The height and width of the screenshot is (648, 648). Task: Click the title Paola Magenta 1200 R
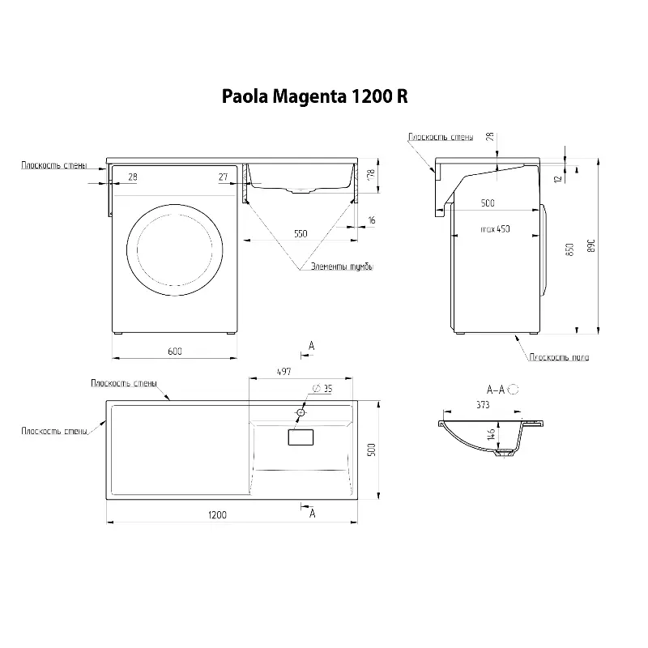pyautogui.click(x=314, y=97)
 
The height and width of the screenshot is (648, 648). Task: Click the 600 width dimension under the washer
pyautogui.click(x=174, y=350)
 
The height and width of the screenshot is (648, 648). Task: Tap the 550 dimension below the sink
pyautogui.click(x=301, y=233)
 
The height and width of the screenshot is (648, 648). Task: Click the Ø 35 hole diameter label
pyautogui.click(x=322, y=388)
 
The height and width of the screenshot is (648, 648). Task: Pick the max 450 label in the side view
pyautogui.click(x=495, y=229)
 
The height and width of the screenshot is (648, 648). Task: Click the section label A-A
pyautogui.click(x=495, y=390)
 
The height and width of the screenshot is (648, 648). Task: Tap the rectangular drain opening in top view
pyautogui.click(x=301, y=437)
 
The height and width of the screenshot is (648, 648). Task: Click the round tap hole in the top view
pyautogui.click(x=301, y=413)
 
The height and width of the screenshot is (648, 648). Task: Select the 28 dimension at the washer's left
pyautogui.click(x=133, y=177)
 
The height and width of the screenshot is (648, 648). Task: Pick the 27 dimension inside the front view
pyautogui.click(x=222, y=177)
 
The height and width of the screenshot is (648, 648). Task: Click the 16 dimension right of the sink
pyautogui.click(x=370, y=220)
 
